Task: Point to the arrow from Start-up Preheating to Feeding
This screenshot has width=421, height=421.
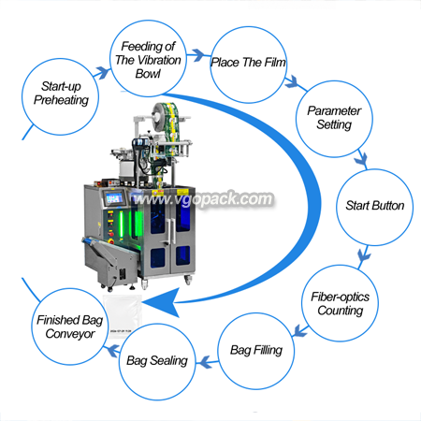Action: coord(102,73)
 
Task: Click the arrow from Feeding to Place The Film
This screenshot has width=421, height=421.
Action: coord(198,55)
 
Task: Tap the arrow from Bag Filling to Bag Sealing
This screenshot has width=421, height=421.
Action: coord(208,362)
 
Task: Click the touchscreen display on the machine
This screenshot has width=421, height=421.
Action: coord(114,198)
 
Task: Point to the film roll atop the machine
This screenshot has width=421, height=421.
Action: coord(165,118)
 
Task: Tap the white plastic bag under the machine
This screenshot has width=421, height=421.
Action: coord(123,315)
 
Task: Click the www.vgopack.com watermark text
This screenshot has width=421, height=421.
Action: coord(203,199)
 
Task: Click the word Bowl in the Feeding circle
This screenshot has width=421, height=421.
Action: coord(148,74)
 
